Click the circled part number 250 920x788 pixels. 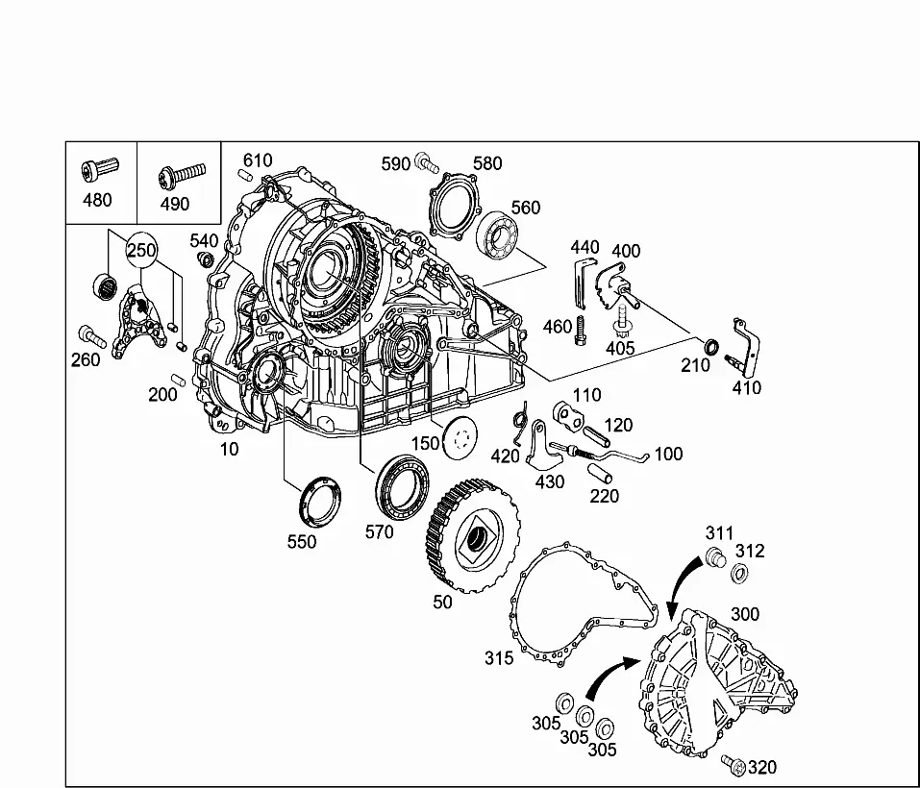[141, 251]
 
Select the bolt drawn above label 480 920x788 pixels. [100, 169]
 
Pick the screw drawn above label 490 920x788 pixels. [182, 176]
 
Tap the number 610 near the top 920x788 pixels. [258, 160]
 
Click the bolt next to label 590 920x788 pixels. [426, 162]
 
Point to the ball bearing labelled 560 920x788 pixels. [497, 235]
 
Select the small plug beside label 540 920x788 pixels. [206, 259]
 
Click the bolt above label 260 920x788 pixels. [92, 336]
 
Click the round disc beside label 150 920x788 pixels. [460, 438]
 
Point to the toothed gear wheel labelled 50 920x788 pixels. [473, 536]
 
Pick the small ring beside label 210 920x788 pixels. [711, 347]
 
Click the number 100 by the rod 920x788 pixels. [668, 454]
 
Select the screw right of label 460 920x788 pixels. [581, 330]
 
